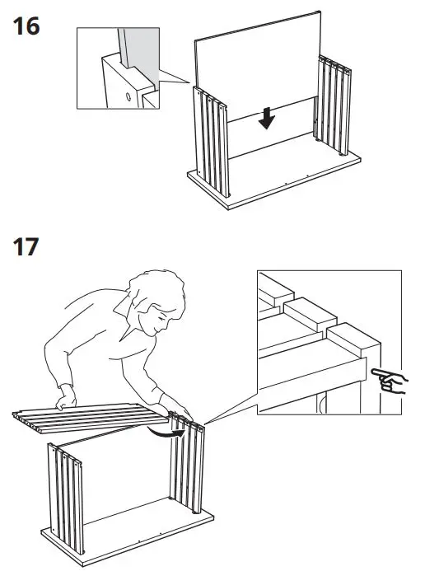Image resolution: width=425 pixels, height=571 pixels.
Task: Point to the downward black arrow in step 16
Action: click(265, 119)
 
